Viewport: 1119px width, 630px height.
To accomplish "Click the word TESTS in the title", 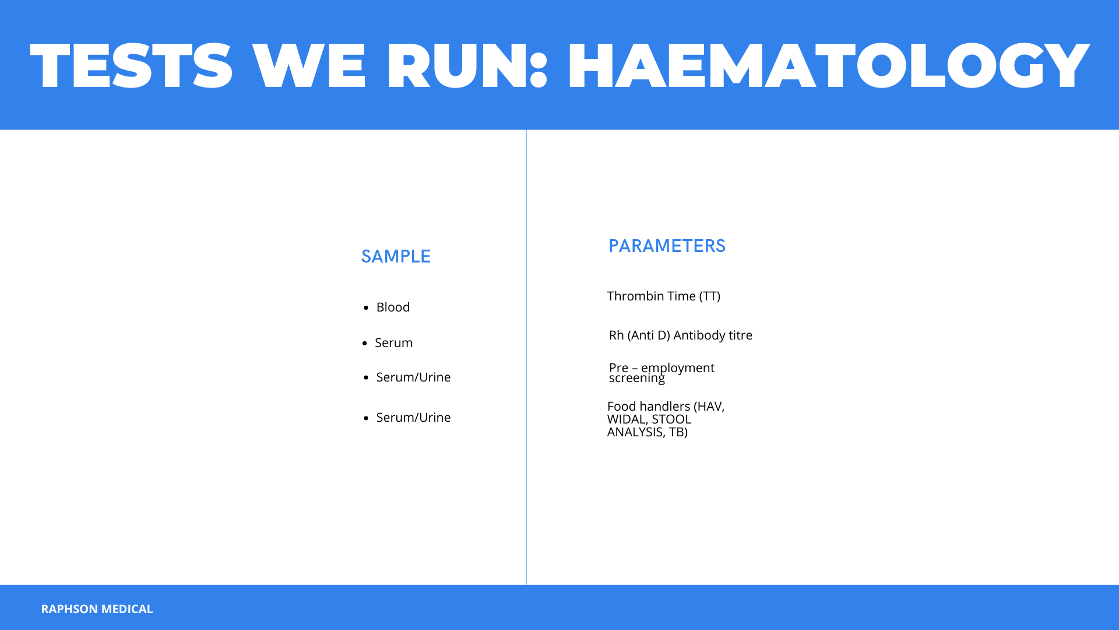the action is [131, 65].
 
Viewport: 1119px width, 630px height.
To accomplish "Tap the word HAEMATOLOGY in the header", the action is [828, 65].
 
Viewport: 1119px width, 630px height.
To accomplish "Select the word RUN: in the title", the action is [467, 65].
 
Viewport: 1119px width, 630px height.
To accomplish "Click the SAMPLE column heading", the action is [396, 256].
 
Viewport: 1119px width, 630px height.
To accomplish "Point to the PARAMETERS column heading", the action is [667, 246].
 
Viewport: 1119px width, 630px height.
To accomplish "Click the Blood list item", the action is [393, 307].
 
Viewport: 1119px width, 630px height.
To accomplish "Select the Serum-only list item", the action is [393, 342].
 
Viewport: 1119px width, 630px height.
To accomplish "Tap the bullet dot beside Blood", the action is [366, 308].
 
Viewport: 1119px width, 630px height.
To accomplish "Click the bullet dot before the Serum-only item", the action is [364, 344].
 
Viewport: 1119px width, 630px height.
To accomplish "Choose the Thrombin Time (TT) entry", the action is [664, 296].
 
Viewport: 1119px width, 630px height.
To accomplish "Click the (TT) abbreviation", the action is [710, 296].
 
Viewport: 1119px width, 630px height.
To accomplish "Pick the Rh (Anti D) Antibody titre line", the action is [681, 335].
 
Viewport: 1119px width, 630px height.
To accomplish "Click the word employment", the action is [678, 368].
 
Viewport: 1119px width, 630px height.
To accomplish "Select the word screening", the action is [636, 378].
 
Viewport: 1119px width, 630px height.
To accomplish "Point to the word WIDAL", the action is [627, 419].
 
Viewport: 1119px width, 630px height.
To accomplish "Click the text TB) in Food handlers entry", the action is [678, 432].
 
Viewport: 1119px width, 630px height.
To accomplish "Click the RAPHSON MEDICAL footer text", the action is [97, 608].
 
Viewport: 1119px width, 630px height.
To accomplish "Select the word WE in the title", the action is [309, 65].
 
